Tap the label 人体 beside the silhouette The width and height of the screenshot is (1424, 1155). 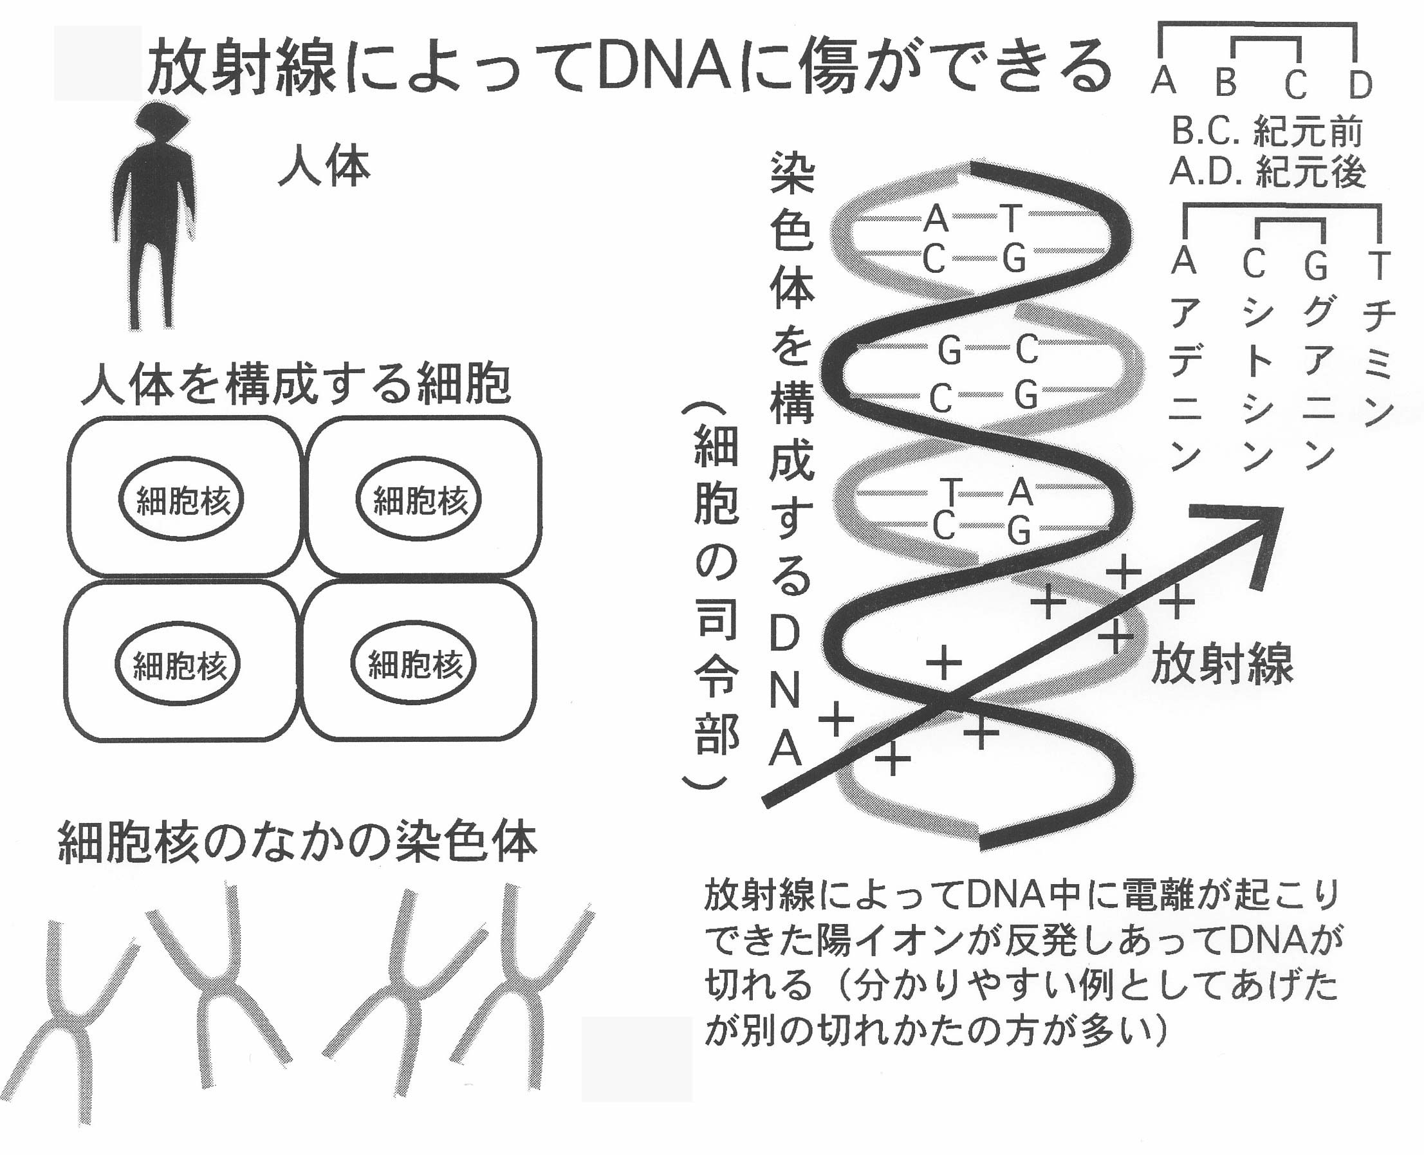[324, 167]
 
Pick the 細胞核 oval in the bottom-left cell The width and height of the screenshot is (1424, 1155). [178, 665]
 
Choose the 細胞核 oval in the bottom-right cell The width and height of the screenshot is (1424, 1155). [414, 663]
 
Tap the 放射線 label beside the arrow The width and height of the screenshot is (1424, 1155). [1222, 663]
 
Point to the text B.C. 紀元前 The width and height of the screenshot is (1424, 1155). [1267, 132]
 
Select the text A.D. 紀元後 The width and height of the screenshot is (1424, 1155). [1268, 172]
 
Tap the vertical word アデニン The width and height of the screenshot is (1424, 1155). [1185, 383]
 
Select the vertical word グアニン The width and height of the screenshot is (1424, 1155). [1318, 383]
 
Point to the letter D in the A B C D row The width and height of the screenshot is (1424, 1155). [1360, 84]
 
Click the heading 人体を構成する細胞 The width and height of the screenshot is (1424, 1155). [296, 384]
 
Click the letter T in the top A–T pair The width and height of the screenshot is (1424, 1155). [1011, 217]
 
